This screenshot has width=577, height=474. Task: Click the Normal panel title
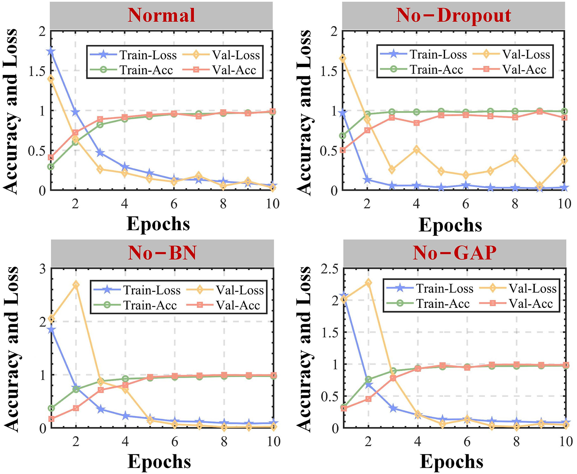[161, 15]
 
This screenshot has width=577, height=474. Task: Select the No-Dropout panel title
[453, 15]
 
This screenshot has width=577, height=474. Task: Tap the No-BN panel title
[162, 253]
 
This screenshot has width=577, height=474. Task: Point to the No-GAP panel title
[454, 253]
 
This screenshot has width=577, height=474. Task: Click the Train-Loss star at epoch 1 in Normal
[51, 51]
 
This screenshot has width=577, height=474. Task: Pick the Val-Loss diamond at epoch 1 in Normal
[51, 79]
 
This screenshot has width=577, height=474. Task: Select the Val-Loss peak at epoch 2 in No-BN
[76, 285]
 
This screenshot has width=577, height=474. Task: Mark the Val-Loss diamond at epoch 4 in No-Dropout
[416, 150]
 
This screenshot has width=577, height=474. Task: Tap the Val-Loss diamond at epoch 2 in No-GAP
[368, 282]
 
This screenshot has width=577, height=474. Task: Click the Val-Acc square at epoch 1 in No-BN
[51, 419]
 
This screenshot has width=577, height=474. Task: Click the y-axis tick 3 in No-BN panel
[42, 269]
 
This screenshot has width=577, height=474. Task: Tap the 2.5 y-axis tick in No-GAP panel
[329, 269]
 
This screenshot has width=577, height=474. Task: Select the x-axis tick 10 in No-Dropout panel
[564, 204]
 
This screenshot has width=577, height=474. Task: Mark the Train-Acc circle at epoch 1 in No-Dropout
[343, 136]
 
